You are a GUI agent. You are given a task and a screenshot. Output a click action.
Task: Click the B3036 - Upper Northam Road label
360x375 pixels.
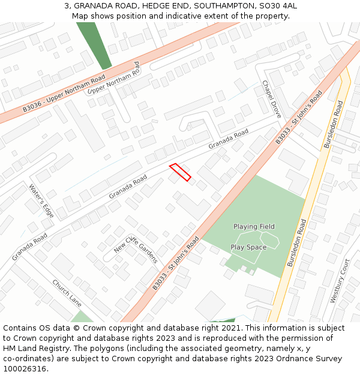pyautogui.click(x=64, y=94)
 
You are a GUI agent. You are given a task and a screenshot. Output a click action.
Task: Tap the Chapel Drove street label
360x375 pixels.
pyautogui.click(x=271, y=99)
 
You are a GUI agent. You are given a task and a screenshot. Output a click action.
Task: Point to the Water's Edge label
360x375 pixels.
pyautogui.click(x=41, y=200)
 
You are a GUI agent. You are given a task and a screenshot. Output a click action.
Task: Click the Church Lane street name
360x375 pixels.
pyautogui.click(x=67, y=292)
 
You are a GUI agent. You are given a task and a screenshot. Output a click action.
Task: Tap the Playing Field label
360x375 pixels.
pyautogui.click(x=254, y=227)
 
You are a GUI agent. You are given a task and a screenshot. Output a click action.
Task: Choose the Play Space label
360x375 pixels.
pyautogui.click(x=248, y=247)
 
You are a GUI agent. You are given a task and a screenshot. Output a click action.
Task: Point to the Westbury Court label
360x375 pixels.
pyautogui.click(x=340, y=281)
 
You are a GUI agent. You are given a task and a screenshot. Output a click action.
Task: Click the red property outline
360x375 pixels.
pyautogui.click(x=180, y=172)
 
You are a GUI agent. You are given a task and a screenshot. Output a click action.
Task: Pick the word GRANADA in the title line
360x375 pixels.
pyautogui.click(x=94, y=6)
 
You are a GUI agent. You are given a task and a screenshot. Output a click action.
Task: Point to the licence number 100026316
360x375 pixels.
pyautogui.click(x=24, y=369)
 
